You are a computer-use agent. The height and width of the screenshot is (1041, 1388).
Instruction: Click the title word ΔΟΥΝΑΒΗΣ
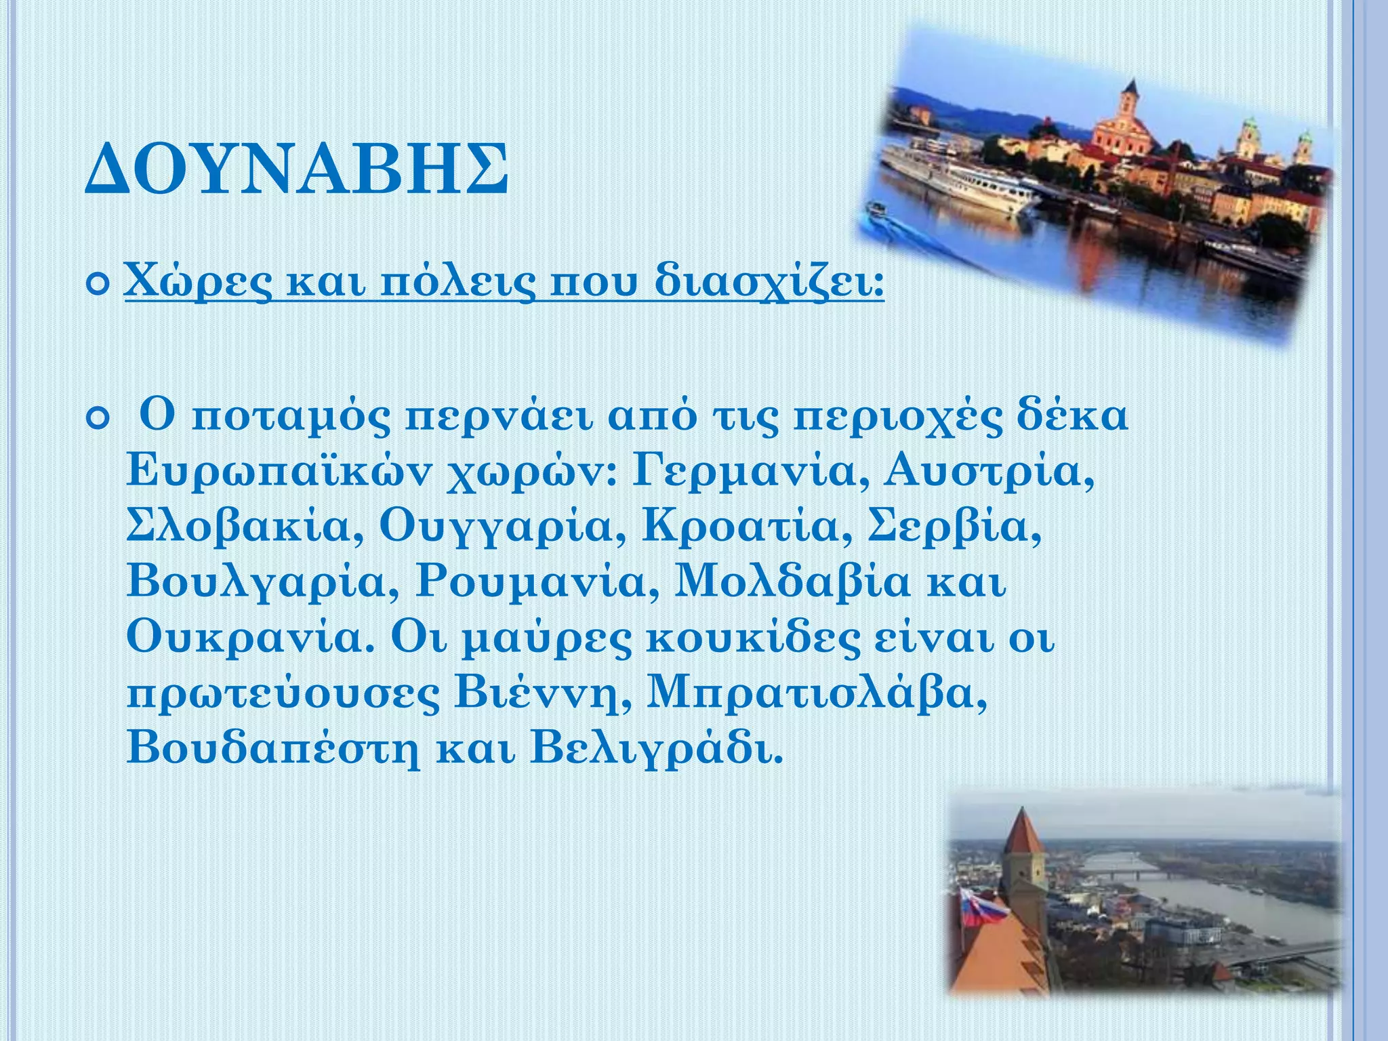click(x=296, y=169)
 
